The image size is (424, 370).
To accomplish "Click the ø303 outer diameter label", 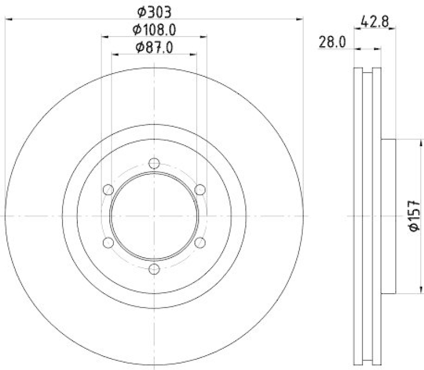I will (x=154, y=11).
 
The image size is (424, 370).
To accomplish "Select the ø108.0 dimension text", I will (x=154, y=29).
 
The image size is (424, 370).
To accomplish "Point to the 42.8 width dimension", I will (x=375, y=22).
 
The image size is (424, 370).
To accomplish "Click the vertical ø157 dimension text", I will (x=415, y=216).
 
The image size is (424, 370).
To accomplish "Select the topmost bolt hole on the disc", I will (x=154, y=163).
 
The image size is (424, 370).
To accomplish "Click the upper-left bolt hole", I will (x=108, y=189).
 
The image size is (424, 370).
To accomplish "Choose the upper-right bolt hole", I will (x=200, y=189).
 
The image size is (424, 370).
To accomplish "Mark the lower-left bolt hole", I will (x=108, y=243).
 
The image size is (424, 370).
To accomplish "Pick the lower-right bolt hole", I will (x=200, y=243).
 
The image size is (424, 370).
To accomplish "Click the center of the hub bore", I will (x=154, y=216).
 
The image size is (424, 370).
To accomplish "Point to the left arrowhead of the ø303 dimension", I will (x=7, y=20).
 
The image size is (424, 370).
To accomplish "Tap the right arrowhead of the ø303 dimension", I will (x=301, y=20).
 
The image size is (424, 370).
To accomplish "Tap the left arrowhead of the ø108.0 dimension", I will (x=104, y=37).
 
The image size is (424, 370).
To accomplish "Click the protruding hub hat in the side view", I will (x=389, y=216).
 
